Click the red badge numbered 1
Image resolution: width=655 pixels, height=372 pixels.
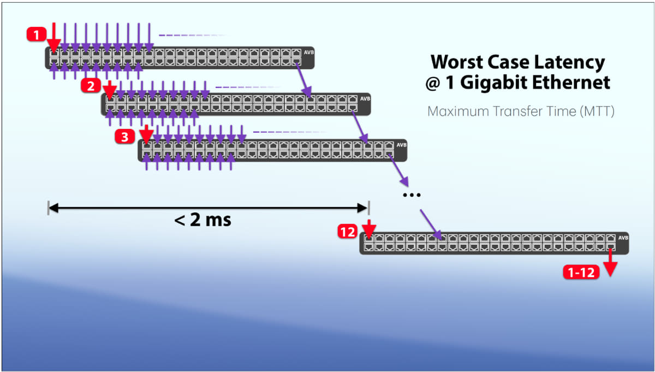(x=36, y=36)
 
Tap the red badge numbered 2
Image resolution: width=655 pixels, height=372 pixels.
(x=90, y=85)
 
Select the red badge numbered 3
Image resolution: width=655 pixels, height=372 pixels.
(x=125, y=136)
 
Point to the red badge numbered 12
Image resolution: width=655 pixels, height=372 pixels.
(x=347, y=232)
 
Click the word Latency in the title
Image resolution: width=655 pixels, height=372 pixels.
(x=570, y=62)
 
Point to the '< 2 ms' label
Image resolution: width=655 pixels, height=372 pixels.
(x=203, y=220)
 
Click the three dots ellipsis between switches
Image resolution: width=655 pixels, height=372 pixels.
(x=410, y=195)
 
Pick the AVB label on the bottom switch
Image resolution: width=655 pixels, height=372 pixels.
(x=623, y=238)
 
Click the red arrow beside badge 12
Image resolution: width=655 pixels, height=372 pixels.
(x=369, y=228)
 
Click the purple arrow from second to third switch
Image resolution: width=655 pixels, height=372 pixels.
(x=360, y=126)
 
